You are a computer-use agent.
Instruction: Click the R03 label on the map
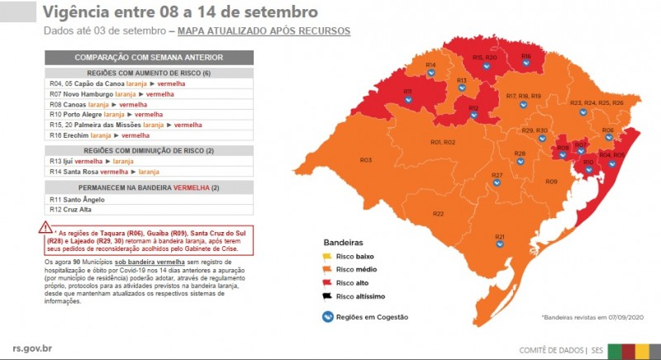click(x=365, y=159)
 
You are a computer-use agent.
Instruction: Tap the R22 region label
click(x=438, y=214)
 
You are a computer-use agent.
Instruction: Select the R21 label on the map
click(x=500, y=237)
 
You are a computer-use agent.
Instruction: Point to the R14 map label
click(x=430, y=64)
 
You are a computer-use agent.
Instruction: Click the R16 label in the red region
click(x=525, y=56)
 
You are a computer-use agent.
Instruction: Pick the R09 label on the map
click(x=551, y=181)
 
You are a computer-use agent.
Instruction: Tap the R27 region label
click(x=497, y=175)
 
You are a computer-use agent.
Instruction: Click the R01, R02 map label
click(x=443, y=142)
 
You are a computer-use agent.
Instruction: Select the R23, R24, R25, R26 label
click(x=597, y=102)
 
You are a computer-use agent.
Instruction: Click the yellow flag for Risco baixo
click(x=326, y=257)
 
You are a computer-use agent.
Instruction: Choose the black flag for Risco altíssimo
click(x=326, y=295)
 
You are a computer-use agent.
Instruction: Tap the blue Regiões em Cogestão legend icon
click(x=326, y=316)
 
